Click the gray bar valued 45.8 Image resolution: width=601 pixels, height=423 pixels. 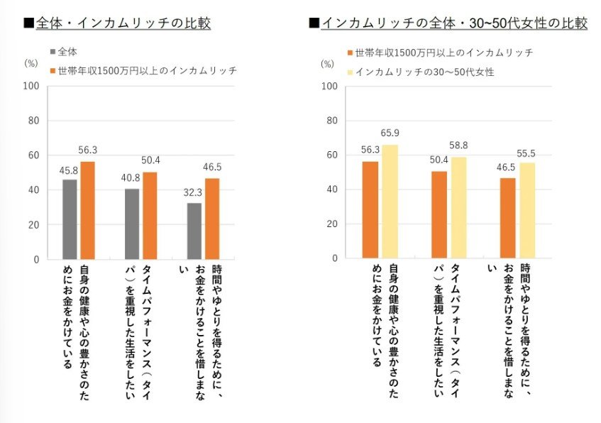pos(69,219)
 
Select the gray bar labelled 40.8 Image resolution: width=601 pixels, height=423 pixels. pos(131,224)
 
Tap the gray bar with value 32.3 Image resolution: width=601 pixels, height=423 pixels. pos(194,231)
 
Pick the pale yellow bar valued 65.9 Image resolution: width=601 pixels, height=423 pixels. pos(390,202)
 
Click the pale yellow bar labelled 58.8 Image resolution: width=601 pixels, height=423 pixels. pos(459,208)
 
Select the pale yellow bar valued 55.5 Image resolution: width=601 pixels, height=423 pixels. pos(527,211)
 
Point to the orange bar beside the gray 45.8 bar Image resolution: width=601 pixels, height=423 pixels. pos(88,210)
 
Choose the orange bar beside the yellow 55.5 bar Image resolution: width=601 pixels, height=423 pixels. pos(508,219)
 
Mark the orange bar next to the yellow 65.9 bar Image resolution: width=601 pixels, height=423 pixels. pos(370,210)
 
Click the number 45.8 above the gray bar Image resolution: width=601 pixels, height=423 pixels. pos(69,171)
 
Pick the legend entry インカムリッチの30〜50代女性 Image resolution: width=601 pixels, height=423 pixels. pos(419,72)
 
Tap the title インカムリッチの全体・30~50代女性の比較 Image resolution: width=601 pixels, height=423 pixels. pos(448,23)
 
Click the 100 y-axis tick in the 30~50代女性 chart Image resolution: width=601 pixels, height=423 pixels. pos(328,87)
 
